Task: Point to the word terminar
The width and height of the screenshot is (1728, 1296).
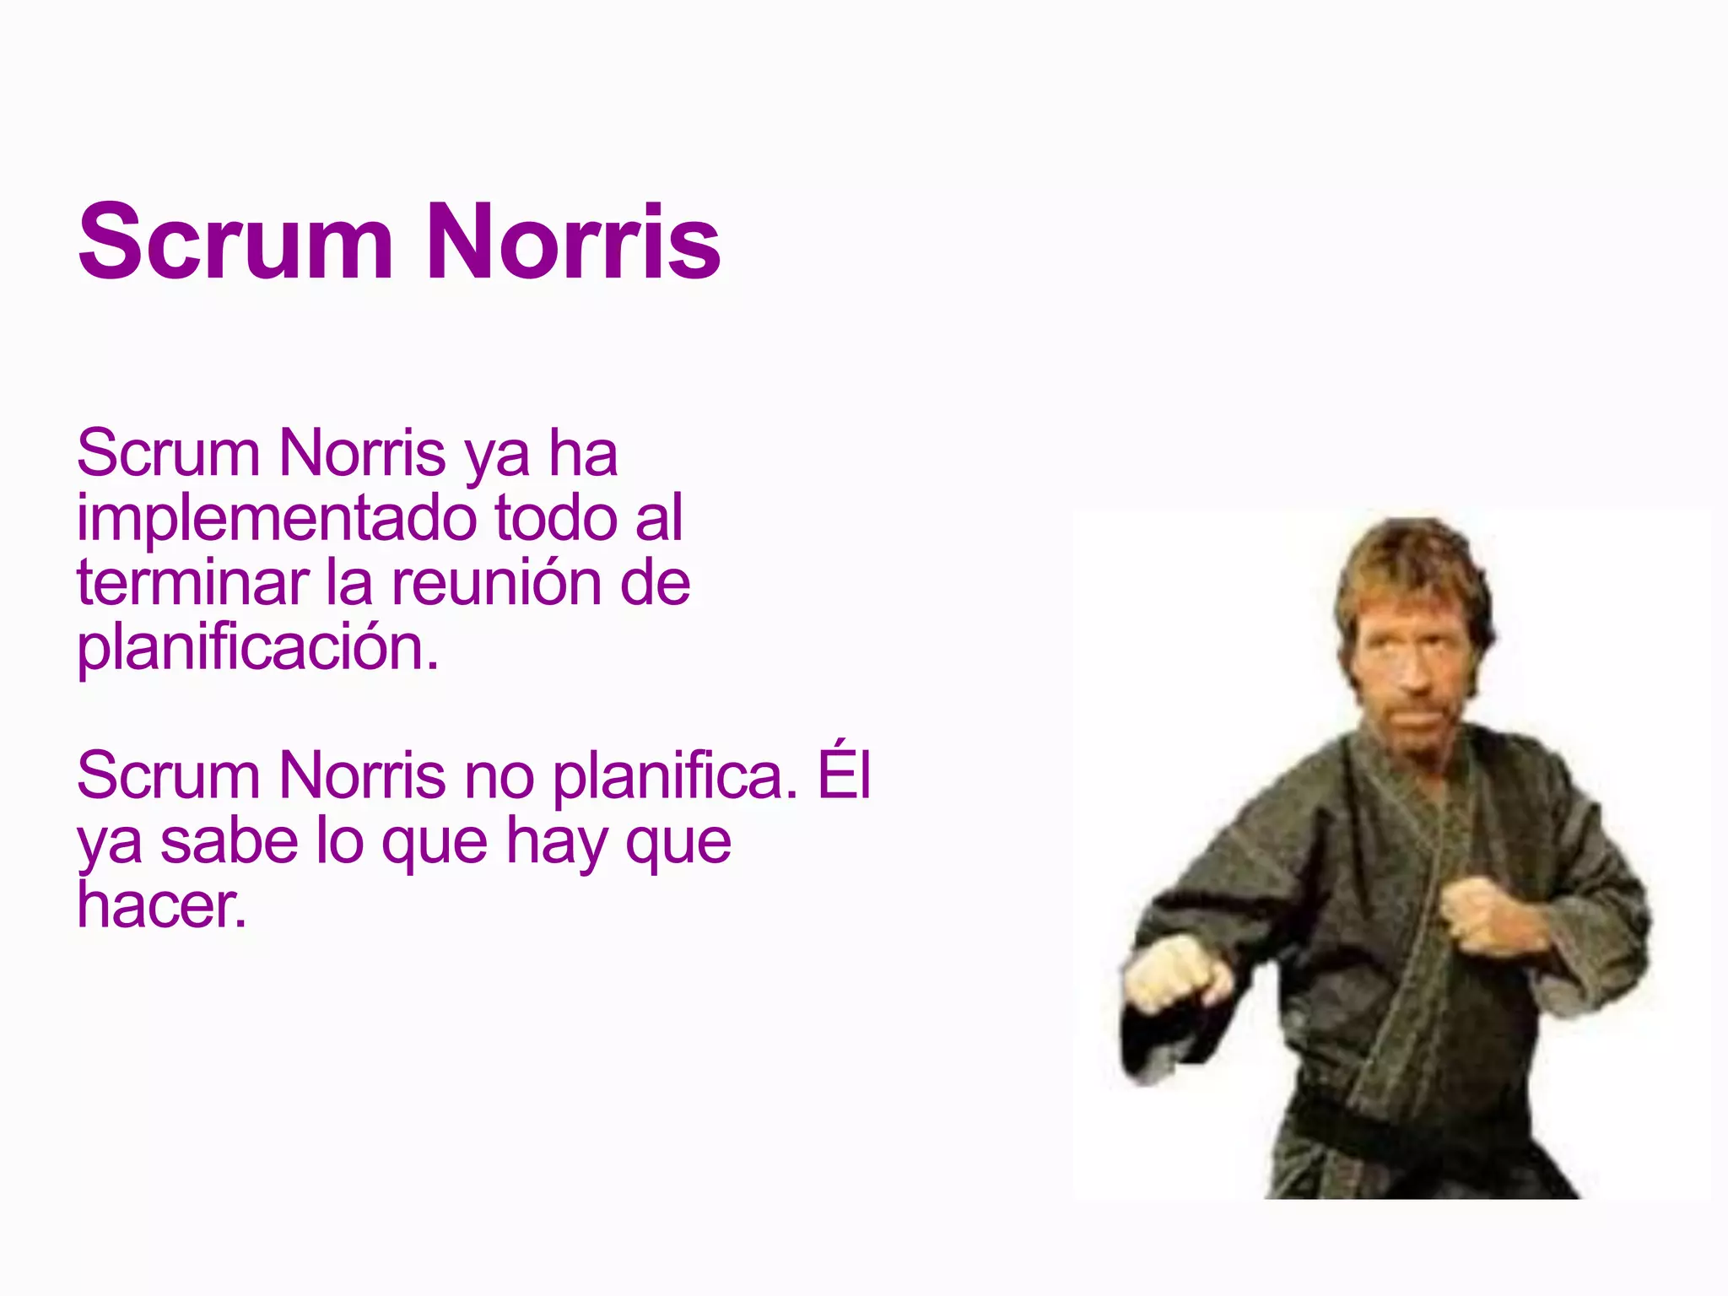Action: click(192, 584)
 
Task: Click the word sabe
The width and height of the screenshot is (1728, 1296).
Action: click(229, 842)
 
